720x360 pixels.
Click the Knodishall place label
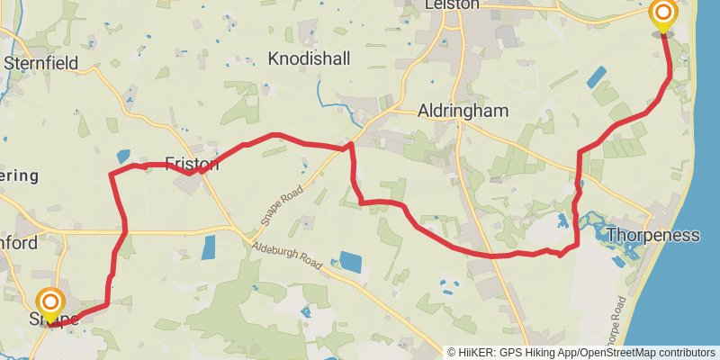click(310, 58)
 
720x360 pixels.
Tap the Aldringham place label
click(463, 111)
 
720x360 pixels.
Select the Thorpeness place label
click(652, 236)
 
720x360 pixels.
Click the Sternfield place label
click(40, 63)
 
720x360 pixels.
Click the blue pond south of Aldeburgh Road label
click(348, 263)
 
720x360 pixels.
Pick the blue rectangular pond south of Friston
click(209, 247)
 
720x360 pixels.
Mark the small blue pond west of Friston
click(123, 156)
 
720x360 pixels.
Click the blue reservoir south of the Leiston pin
click(596, 76)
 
